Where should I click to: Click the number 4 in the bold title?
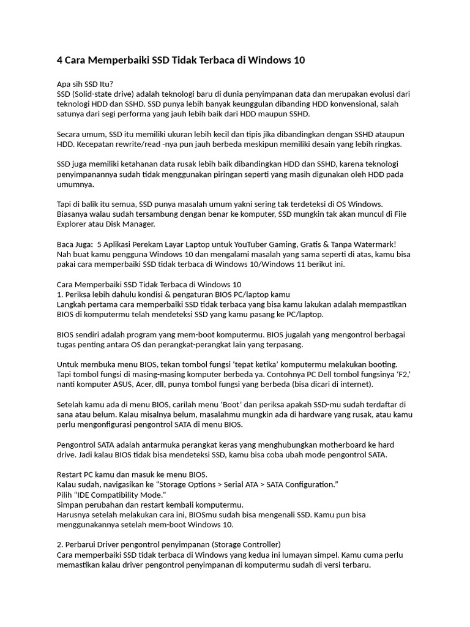60,61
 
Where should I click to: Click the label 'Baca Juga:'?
75,244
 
